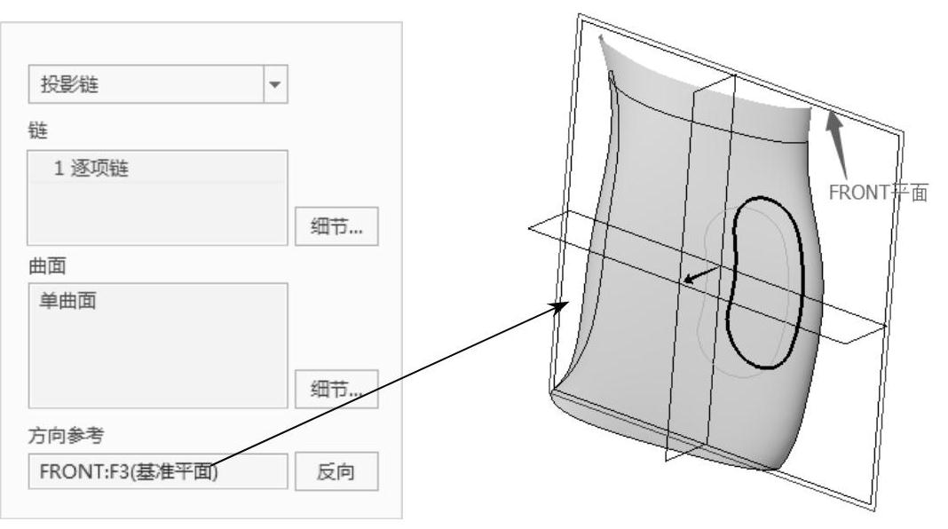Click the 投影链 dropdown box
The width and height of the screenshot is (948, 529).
(x=146, y=86)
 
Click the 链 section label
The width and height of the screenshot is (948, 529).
(x=36, y=130)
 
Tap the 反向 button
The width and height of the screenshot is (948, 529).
(x=336, y=471)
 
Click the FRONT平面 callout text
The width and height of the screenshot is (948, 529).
(x=877, y=192)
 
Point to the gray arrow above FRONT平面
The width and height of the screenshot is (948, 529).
(x=839, y=142)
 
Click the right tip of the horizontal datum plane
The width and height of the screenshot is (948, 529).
(x=884, y=327)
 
